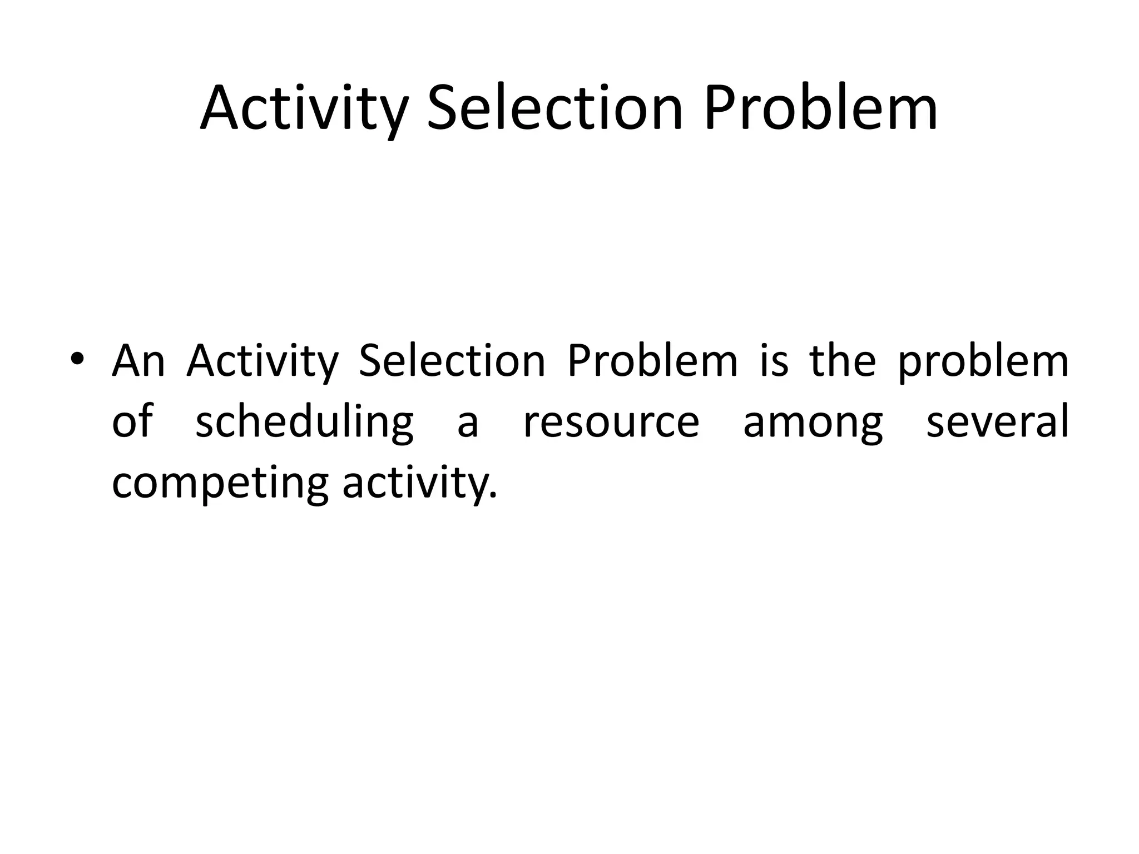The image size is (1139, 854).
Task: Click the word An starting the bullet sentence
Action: click(x=138, y=361)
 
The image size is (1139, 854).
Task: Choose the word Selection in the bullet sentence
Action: click(x=452, y=361)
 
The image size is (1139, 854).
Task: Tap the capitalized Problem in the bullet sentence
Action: click(x=652, y=361)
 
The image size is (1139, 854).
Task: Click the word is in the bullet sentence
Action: click(x=774, y=361)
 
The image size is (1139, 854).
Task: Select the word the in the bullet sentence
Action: click(x=843, y=361)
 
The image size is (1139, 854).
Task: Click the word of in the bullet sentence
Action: click(x=132, y=421)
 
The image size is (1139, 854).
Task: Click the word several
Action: click(x=997, y=421)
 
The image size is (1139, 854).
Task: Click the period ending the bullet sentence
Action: click(x=492, y=496)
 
